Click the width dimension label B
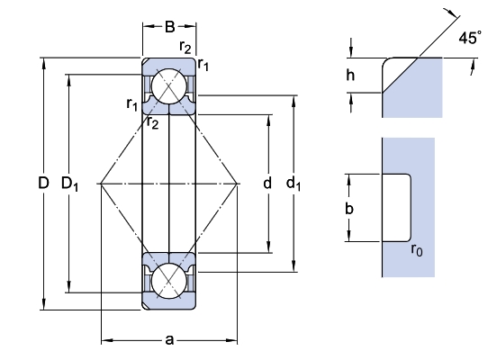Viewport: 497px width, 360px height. pos(169,27)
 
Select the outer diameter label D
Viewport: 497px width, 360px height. pos(43,183)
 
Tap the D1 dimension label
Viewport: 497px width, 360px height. pos(69,184)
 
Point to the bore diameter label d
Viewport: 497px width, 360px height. pos(267,183)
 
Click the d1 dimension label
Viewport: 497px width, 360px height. pos(294,184)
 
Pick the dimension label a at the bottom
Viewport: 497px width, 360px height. pos(169,340)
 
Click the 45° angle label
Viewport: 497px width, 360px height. pos(470,38)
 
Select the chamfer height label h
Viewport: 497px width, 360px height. pos(350,76)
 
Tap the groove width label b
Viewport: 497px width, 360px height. pos(349,209)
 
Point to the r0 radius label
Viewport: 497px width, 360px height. pos(417,250)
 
